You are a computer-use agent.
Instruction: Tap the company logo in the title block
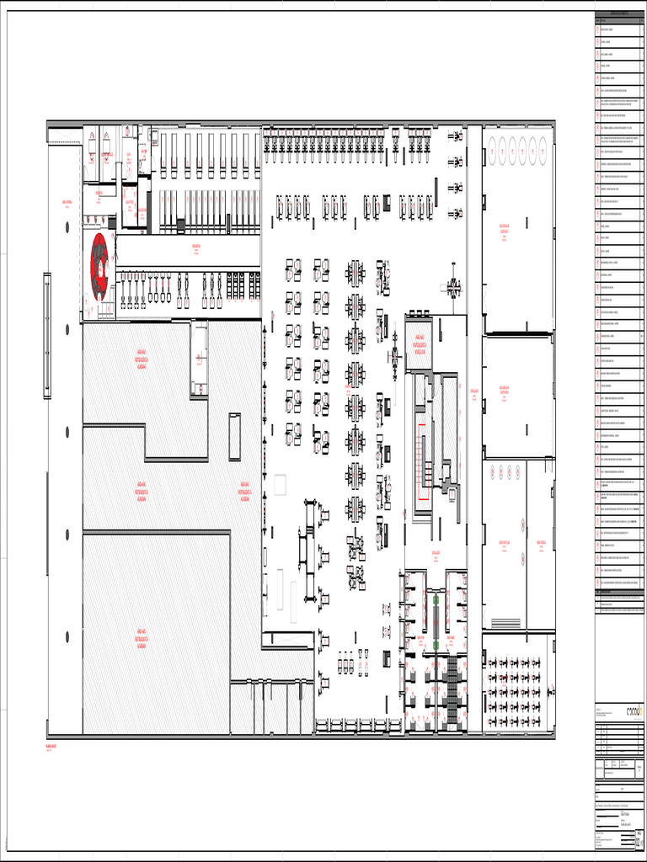tap(634, 711)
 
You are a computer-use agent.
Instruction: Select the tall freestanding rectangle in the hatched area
tap(234, 436)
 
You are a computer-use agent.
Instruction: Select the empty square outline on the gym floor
tap(280, 484)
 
